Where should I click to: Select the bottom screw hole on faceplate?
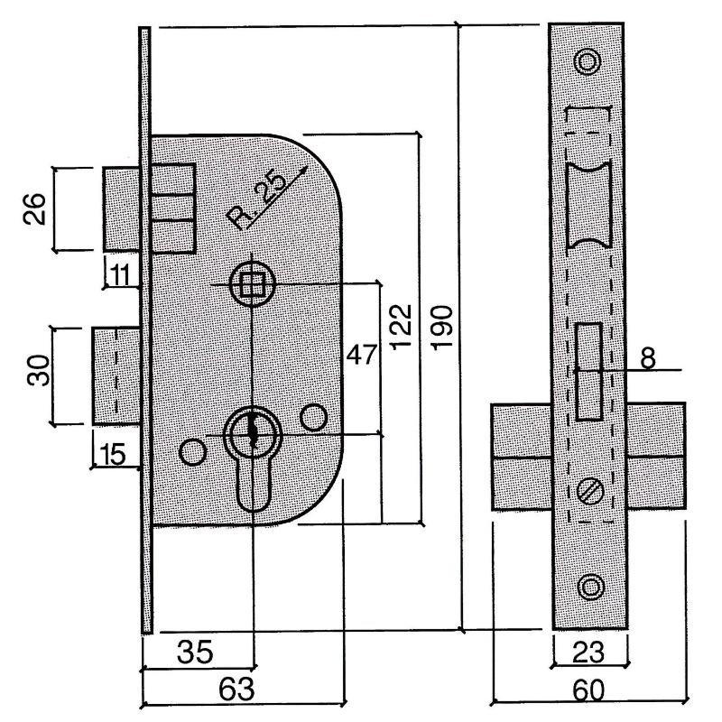589,587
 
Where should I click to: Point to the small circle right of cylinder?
313,417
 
